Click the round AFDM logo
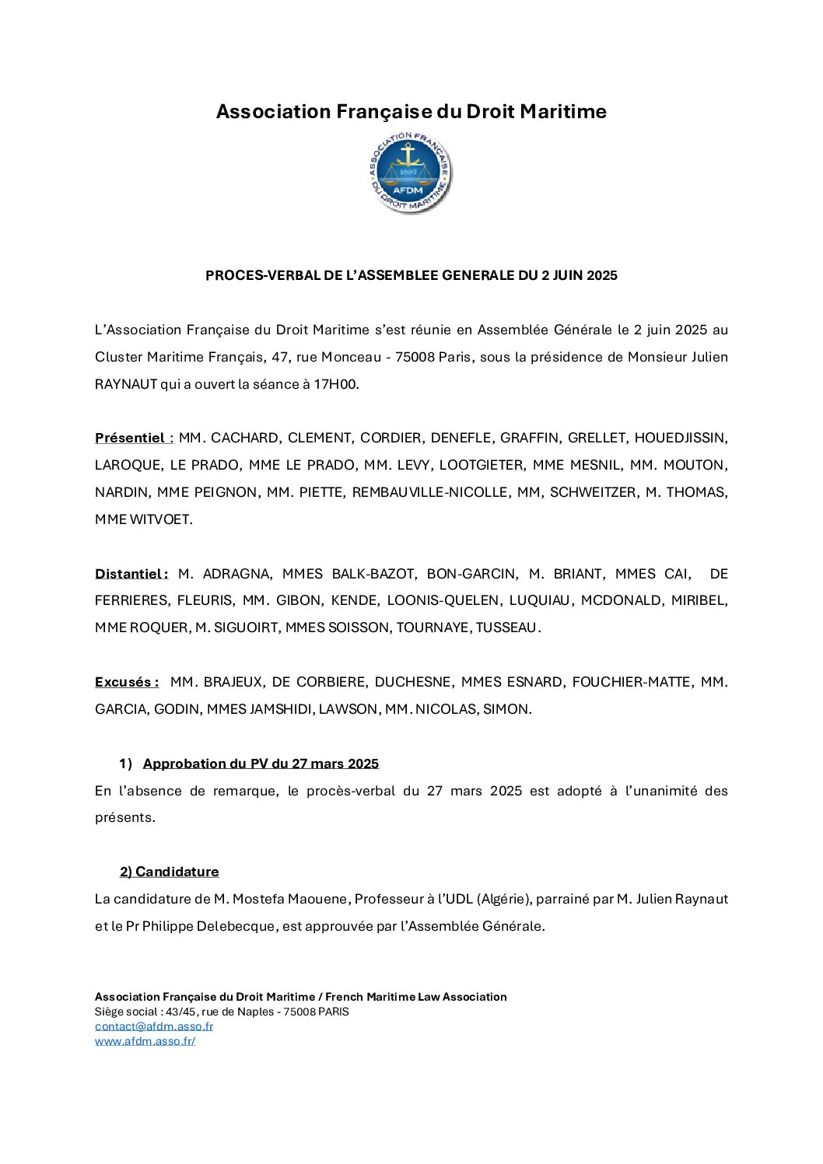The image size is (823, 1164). [x=410, y=173]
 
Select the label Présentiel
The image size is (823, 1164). [x=130, y=438]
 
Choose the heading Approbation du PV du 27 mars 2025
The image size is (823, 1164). [x=261, y=764]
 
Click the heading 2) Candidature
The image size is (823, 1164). [x=170, y=872]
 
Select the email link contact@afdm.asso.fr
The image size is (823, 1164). [x=154, y=1026]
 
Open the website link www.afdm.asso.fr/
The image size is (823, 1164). [x=145, y=1040]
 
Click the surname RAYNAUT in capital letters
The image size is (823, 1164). [x=126, y=384]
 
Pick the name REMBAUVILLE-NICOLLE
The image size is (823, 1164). [x=429, y=492]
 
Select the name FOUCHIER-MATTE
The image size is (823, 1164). [x=631, y=682]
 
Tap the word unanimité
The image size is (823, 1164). [x=661, y=791]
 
